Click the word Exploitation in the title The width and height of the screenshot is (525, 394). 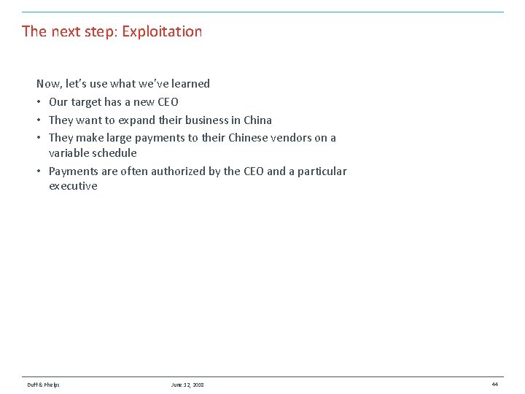pyautogui.click(x=162, y=31)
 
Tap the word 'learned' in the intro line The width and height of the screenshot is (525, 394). pyautogui.click(x=190, y=84)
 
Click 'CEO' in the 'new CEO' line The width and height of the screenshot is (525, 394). pyautogui.click(x=168, y=102)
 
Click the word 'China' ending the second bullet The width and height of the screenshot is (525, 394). pyautogui.click(x=257, y=120)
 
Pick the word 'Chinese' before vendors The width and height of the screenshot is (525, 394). pyautogui.click(x=248, y=138)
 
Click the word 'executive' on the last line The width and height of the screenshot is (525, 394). pyautogui.click(x=73, y=186)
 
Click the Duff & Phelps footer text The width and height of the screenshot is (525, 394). pyautogui.click(x=43, y=385)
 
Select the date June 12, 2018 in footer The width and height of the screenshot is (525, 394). pyautogui.click(x=187, y=385)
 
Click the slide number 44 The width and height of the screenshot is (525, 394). pyautogui.click(x=494, y=384)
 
